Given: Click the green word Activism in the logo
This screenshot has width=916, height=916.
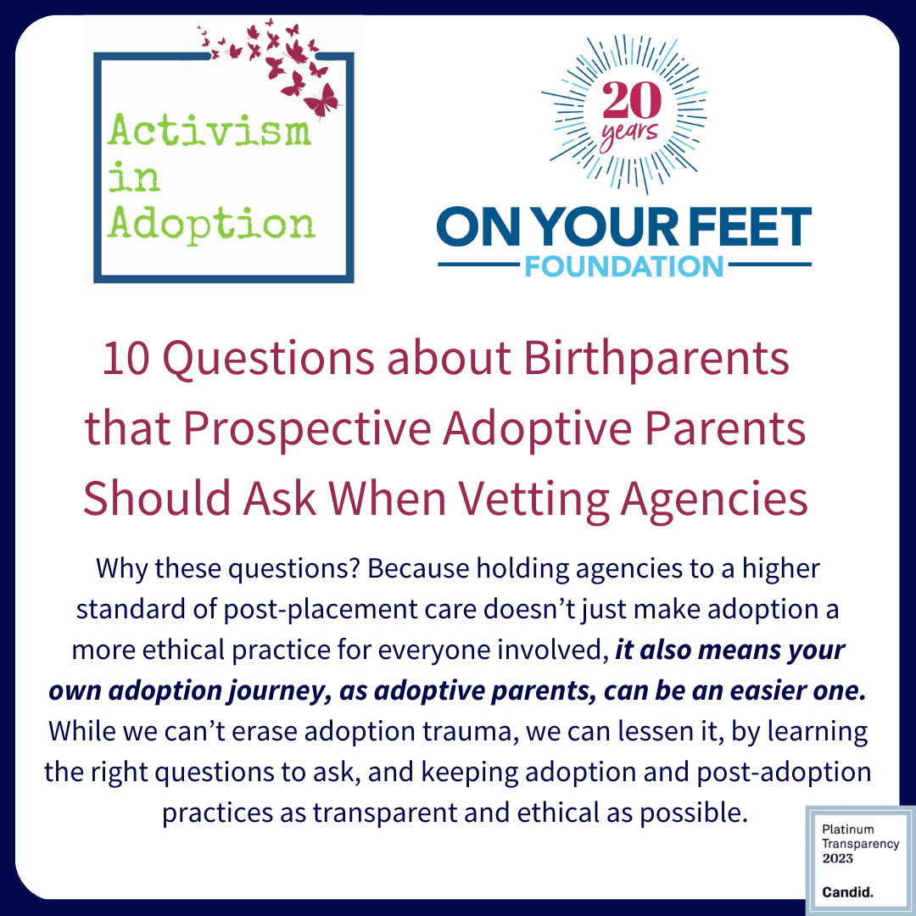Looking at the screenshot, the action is click(x=209, y=130).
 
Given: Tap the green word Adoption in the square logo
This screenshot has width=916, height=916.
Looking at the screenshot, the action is click(x=211, y=224).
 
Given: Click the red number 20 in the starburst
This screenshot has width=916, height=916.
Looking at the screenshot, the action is click(x=632, y=100).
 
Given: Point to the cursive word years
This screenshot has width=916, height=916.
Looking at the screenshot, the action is click(x=629, y=135).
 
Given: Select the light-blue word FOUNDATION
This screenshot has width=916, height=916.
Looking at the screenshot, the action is click(x=624, y=266).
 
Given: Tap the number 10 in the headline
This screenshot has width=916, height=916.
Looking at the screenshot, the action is click(x=126, y=358).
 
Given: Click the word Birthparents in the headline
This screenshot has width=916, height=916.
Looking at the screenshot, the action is click(x=656, y=360).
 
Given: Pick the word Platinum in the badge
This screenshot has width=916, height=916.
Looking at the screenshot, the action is click(x=847, y=829).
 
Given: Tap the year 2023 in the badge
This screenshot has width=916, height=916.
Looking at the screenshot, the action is click(x=837, y=858).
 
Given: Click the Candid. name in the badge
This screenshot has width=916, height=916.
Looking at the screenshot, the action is click(x=847, y=892).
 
